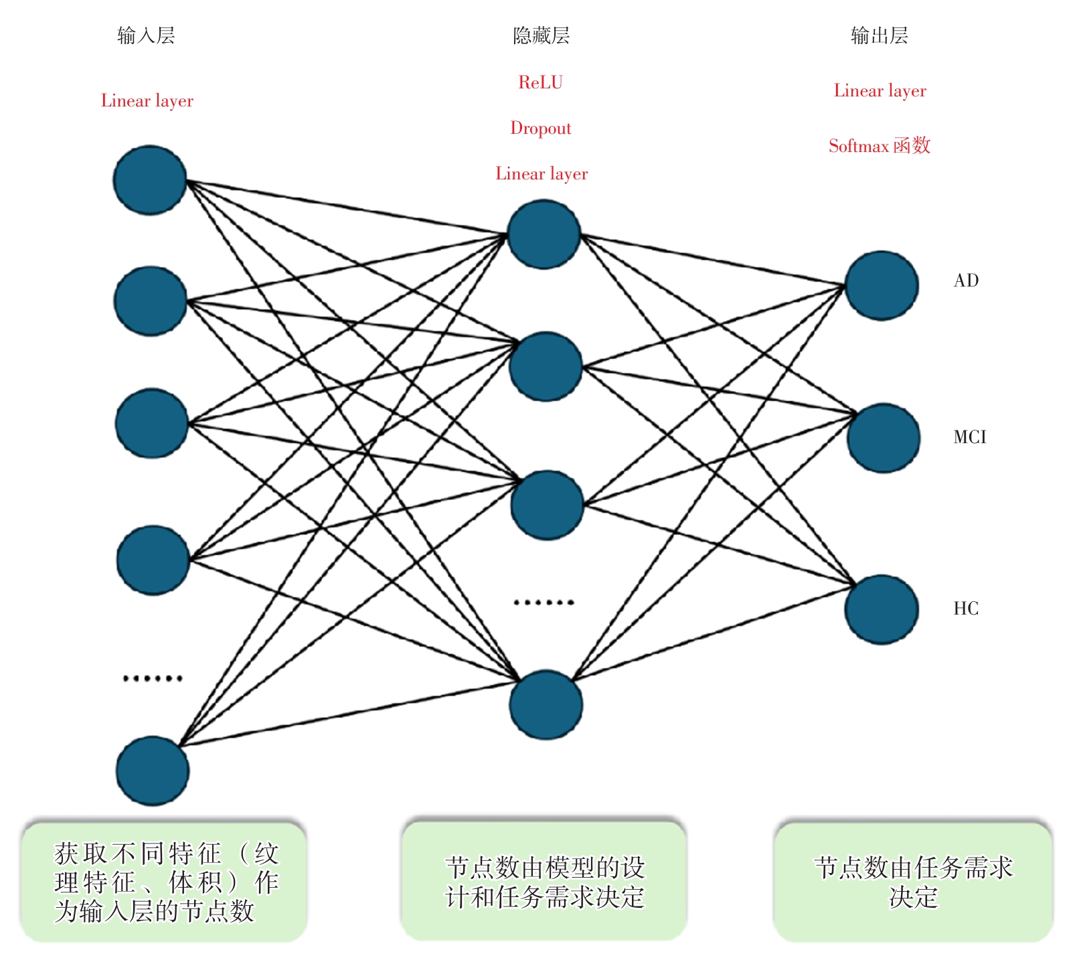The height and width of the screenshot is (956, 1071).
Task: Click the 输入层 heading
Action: (146, 35)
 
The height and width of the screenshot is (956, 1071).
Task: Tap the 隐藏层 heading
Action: (541, 35)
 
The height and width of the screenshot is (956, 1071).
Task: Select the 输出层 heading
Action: (879, 35)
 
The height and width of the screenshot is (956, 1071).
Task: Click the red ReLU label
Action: (541, 82)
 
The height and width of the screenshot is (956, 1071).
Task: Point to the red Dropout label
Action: (541, 128)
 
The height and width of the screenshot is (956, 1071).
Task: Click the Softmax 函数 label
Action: (880, 145)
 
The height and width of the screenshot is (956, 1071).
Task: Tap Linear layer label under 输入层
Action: (147, 100)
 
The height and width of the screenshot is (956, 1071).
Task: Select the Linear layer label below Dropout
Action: (542, 173)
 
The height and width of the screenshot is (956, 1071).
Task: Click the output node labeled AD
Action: (882, 286)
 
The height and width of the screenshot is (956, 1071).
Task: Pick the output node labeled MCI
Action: (884, 438)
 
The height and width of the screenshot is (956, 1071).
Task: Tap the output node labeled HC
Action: (882, 609)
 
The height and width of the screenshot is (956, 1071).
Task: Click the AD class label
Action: (966, 281)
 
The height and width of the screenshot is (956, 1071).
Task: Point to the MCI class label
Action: (970, 437)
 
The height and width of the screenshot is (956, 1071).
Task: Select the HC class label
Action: (966, 609)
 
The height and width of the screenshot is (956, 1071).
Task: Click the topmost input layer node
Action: (150, 180)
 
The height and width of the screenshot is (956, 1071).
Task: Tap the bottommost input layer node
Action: (153, 771)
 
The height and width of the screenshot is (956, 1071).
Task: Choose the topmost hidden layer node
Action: (544, 234)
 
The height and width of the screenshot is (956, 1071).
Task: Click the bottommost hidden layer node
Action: (546, 705)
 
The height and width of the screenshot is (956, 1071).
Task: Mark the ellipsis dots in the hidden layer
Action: (544, 603)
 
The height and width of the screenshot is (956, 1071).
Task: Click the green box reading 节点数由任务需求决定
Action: (913, 882)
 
